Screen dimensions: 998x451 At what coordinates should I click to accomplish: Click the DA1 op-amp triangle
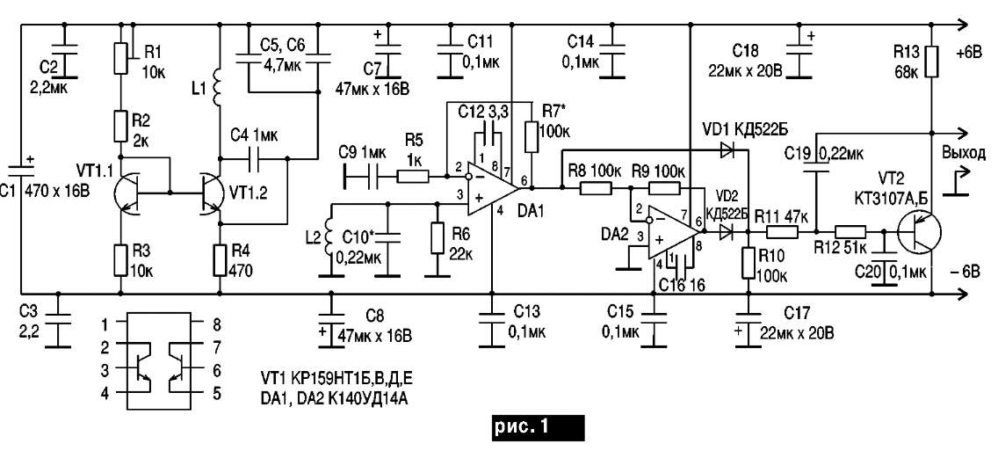pyautogui.click(x=490, y=188)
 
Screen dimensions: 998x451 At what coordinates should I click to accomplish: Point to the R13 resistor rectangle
pyautogui.click(x=931, y=62)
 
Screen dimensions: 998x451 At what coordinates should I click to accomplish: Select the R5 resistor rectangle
pyautogui.click(x=413, y=173)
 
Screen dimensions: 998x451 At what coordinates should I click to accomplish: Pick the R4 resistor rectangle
pyautogui.click(x=220, y=261)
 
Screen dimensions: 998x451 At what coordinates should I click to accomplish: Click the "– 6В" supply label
pyautogui.click(x=965, y=273)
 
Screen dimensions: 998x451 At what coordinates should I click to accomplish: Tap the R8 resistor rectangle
pyautogui.click(x=596, y=188)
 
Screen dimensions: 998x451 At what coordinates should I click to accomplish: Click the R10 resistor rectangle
pyautogui.click(x=748, y=263)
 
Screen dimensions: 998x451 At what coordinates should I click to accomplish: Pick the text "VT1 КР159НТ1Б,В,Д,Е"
pyautogui.click(x=333, y=382)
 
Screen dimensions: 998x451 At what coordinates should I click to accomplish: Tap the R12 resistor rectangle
pyautogui.click(x=850, y=233)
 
